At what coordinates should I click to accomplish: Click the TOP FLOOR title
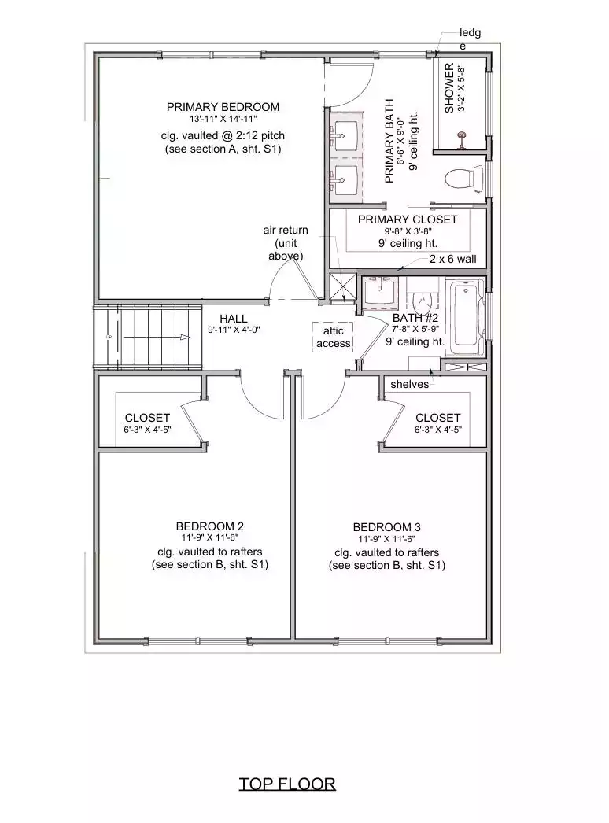287,784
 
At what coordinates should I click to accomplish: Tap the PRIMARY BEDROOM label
223,107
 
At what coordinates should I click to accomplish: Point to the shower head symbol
462,136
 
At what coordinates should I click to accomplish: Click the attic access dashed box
333,337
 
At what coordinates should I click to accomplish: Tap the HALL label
234,319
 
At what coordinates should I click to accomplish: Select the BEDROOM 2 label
209,526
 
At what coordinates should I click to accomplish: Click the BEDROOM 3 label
386,527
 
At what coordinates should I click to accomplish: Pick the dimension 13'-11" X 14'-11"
223,119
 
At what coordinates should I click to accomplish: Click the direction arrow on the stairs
157,337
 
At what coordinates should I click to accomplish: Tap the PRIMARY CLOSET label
408,220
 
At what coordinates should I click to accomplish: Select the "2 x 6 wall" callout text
453,259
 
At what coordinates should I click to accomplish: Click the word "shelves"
409,384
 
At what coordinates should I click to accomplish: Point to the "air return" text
286,230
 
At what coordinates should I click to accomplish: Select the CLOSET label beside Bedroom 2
147,418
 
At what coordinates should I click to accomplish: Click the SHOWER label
449,88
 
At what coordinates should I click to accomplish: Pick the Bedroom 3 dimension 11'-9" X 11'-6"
386,539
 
